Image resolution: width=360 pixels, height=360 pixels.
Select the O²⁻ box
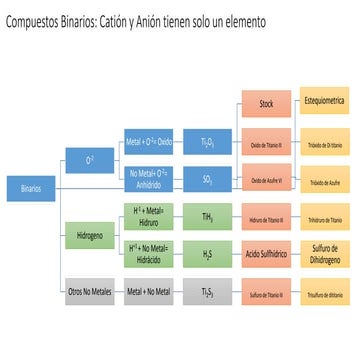click(87, 157)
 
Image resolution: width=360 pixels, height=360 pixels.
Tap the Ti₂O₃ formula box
click(207, 143)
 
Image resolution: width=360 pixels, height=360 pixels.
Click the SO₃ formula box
click(207, 179)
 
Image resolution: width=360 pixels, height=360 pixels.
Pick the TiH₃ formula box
click(207, 214)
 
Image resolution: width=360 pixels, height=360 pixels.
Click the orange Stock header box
click(265, 104)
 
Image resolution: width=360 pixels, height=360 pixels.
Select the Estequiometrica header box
click(325, 104)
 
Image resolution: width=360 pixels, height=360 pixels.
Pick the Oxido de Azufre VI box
click(265, 179)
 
